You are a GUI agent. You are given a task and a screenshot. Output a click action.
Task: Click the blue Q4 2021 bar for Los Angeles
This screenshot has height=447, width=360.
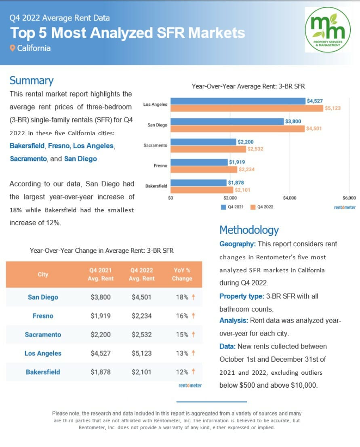click(238, 101)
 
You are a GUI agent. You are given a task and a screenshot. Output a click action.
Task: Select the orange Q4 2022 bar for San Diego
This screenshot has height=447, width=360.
click(238, 129)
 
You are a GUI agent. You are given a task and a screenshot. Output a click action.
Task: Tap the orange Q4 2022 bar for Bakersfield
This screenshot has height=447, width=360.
click(202, 190)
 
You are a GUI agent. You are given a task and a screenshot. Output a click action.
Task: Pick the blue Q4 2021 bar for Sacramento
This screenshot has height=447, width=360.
click(203, 142)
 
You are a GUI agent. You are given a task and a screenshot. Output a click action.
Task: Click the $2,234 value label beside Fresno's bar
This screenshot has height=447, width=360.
click(246, 170)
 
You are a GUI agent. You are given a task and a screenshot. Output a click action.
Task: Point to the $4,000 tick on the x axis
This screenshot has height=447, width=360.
click(290, 198)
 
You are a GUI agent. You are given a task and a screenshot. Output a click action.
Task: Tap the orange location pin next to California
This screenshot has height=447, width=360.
click(13, 48)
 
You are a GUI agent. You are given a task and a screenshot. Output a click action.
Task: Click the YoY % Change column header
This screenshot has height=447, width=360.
click(181, 274)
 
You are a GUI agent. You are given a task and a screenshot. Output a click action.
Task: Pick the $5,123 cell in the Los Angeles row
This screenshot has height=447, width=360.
click(141, 353)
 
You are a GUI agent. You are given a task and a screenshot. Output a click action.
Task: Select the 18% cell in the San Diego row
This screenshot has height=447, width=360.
click(182, 297)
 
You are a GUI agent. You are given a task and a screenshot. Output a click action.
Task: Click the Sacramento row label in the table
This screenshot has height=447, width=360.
click(43, 334)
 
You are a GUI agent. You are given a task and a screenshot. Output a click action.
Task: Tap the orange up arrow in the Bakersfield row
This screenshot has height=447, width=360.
click(194, 372)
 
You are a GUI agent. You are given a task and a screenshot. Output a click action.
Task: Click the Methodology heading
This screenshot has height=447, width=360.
click(249, 230)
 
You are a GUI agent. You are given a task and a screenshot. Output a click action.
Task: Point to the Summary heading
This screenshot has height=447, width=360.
click(32, 80)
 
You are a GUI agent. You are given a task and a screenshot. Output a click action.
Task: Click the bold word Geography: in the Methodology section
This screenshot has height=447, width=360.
click(238, 244)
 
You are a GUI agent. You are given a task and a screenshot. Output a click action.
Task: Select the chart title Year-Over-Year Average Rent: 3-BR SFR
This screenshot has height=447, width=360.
click(248, 86)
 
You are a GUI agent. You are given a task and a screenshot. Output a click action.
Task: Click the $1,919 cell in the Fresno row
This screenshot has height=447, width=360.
click(101, 316)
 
